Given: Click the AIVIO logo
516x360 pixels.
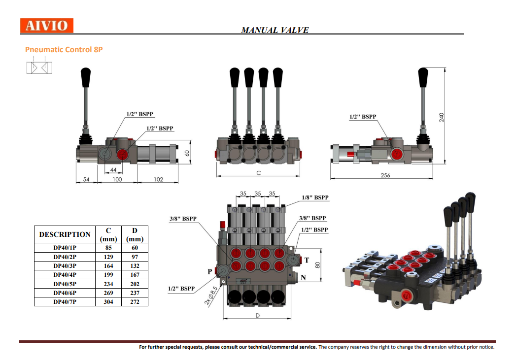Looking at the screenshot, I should pos(47,26).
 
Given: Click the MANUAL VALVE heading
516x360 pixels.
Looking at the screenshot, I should pos(275,30).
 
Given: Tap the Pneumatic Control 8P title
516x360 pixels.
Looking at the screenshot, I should pos(64,49).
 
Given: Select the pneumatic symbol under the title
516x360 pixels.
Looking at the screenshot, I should pos(39,67).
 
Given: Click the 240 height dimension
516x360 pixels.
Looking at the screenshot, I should pos(442,117).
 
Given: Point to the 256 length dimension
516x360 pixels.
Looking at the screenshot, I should pos(385,175).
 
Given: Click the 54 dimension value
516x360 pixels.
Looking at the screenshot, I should pos(86,180).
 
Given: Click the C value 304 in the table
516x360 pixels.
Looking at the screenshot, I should pos(108,301).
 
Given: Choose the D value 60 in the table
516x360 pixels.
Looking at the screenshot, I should pos(135,248).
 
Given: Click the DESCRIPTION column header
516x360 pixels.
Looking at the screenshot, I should pos(65,234).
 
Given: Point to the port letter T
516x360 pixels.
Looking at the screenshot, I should pos(306,260).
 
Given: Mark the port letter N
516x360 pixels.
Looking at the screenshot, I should pos(303,277).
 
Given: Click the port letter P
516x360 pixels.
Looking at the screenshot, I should pos(210,271).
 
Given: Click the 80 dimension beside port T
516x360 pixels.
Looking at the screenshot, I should pos(318,264).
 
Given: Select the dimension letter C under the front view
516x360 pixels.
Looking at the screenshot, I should pos(258,173).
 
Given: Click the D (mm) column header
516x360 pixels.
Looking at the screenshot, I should pos(135,234).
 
